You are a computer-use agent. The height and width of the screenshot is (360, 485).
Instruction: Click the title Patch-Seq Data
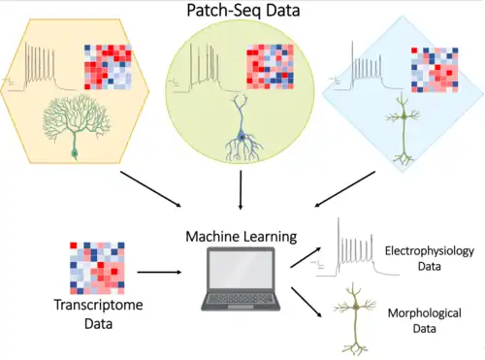(x=243, y=10)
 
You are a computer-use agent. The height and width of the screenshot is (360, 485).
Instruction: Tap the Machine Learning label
(x=242, y=237)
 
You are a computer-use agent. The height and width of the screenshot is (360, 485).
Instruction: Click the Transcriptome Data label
(x=98, y=314)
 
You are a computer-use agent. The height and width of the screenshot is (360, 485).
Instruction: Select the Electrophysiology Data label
(x=430, y=258)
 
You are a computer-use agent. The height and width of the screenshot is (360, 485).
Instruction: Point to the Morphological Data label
(x=425, y=320)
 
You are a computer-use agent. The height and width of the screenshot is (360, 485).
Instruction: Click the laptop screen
(x=241, y=270)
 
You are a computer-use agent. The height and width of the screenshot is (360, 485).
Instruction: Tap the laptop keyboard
(x=240, y=299)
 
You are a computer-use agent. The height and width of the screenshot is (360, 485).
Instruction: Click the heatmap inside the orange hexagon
(x=108, y=67)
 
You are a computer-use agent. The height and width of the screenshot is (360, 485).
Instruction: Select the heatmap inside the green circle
(x=270, y=67)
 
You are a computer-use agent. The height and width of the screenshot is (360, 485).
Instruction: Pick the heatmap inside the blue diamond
(x=435, y=70)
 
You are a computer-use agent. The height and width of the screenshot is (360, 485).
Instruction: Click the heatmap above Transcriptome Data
(x=97, y=268)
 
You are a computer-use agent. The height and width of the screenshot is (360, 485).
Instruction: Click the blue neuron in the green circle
(x=242, y=128)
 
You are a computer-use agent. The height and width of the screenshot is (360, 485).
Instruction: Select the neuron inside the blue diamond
(x=403, y=129)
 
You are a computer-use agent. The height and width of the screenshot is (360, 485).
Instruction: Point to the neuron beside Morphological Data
(x=355, y=318)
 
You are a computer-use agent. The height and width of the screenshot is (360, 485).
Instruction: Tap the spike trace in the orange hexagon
(x=40, y=68)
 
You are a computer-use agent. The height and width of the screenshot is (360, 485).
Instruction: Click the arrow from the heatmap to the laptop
(x=159, y=273)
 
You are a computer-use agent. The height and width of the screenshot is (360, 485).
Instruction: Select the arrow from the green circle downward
(x=241, y=190)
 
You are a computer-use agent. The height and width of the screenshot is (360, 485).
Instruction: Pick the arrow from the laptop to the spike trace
(x=306, y=257)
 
